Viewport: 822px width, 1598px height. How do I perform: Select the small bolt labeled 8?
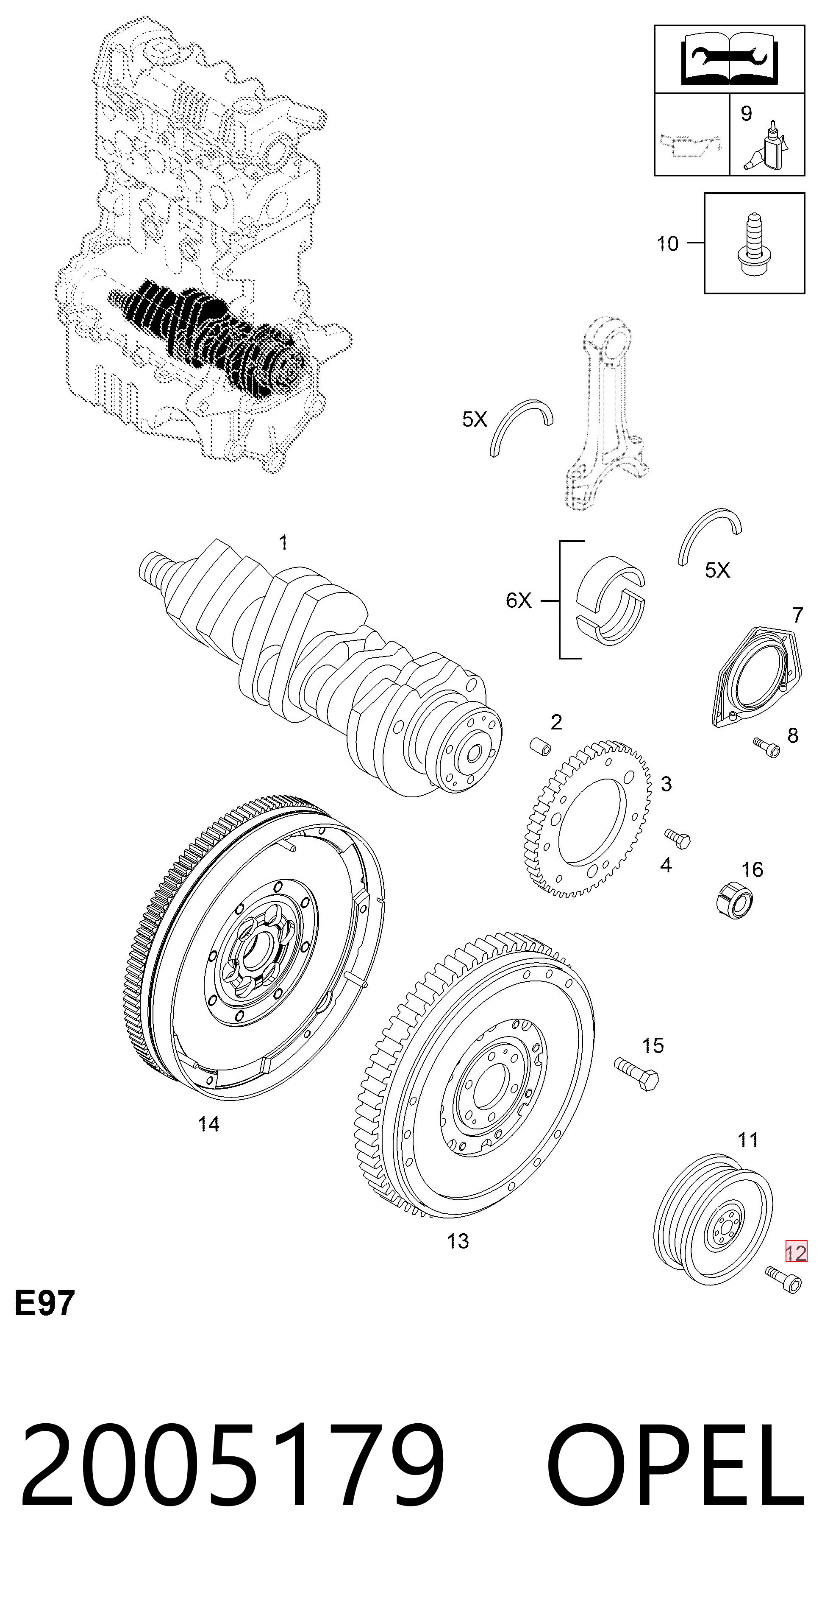click(766, 748)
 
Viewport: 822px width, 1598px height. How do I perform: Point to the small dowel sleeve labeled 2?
click(540, 747)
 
